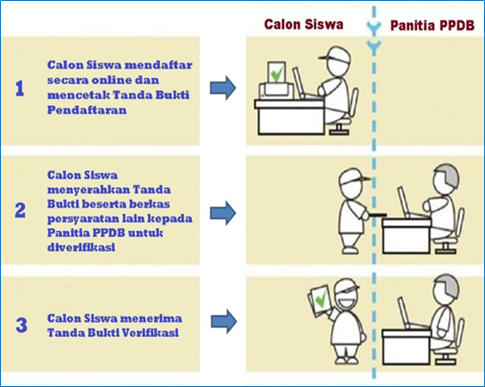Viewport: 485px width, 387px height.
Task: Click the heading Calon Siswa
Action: pos(303,24)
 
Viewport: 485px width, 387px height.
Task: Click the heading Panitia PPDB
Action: pos(432,25)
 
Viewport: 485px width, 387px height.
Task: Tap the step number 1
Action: pos(20,88)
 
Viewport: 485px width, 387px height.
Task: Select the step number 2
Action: pos(21,210)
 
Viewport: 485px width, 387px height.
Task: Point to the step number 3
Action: pos(21,325)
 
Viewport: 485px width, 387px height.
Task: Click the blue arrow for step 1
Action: pos(223,88)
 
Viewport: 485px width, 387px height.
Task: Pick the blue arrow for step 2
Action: pos(223,213)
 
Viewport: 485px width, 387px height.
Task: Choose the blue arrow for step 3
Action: pos(224,321)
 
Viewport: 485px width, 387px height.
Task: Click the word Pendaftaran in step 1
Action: pos(86,110)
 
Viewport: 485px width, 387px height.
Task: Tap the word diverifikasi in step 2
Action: pos(81,247)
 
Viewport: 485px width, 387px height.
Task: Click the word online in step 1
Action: pos(108,80)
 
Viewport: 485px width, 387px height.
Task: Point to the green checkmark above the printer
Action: pos(276,74)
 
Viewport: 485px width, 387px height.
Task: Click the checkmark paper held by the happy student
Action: pos(319,300)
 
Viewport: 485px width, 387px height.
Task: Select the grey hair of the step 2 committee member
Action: pos(449,175)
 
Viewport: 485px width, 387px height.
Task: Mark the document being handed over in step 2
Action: pos(377,214)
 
